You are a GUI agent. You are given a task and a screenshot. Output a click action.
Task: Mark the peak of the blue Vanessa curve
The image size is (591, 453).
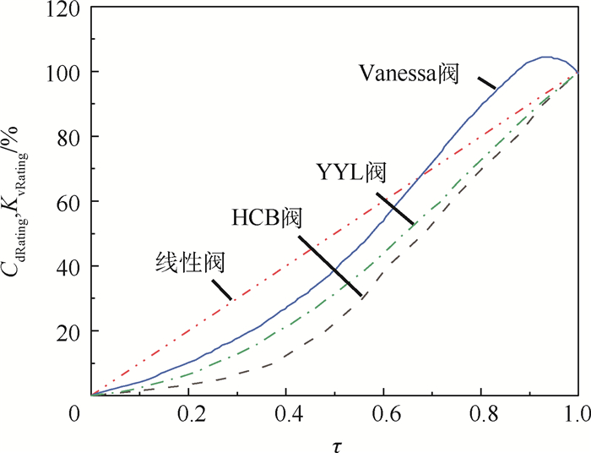coord(545,57)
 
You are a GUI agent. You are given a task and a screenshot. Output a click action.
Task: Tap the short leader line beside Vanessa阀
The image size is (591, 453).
coord(485,83)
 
